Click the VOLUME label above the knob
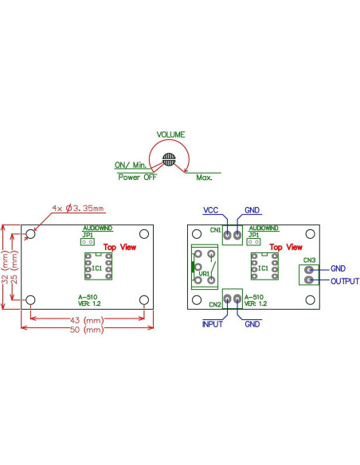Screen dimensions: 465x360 tap(170, 134)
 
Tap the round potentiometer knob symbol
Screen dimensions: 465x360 tap(169, 158)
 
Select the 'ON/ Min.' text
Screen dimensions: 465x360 tap(132, 166)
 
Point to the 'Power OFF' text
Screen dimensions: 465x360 tap(137, 177)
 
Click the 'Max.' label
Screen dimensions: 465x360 tap(204, 177)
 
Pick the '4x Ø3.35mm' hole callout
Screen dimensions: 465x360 tap(77, 209)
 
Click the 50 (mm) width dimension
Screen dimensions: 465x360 tap(87, 329)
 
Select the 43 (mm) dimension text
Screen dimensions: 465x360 tap(87, 318)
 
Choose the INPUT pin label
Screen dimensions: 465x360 tap(213, 325)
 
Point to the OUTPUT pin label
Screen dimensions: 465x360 tap(345, 281)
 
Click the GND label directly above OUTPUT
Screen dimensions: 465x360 tap(338, 269)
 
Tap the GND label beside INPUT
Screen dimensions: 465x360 tap(252, 325)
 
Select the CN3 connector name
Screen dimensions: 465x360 tap(309, 260)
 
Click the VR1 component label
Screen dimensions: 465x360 tap(204, 274)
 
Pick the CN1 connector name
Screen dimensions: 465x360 tap(215, 230)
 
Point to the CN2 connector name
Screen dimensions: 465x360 tap(214, 304)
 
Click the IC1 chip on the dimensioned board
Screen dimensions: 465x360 tap(97, 268)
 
